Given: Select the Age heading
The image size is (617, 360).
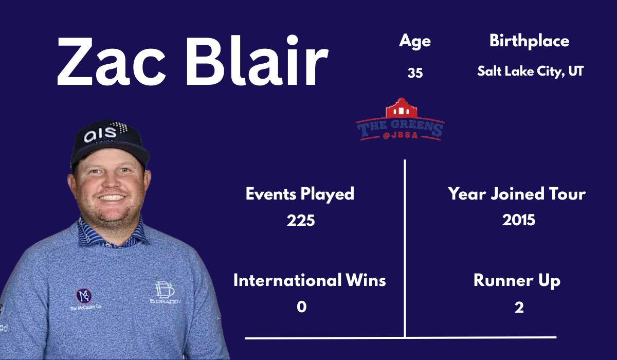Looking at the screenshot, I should pyautogui.click(x=414, y=41).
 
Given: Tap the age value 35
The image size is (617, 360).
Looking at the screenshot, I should pyautogui.click(x=415, y=73).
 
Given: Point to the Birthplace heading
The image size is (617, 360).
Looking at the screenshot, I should pyautogui.click(x=529, y=41).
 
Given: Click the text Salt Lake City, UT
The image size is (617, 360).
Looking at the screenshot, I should pyautogui.click(x=530, y=71).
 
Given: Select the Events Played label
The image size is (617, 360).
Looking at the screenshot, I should pyautogui.click(x=300, y=194).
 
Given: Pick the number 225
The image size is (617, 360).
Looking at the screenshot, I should pyautogui.click(x=301, y=221).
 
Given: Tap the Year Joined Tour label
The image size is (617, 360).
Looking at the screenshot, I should pyautogui.click(x=517, y=194).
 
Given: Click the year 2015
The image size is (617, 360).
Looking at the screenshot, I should pyautogui.click(x=519, y=220).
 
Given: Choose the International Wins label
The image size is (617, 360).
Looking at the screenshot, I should pyautogui.click(x=310, y=281).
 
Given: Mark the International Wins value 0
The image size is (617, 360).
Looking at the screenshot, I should pyautogui.click(x=301, y=307).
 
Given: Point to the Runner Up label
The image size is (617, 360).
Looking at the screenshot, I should pyautogui.click(x=517, y=281).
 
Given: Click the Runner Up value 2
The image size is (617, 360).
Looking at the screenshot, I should pyautogui.click(x=519, y=308).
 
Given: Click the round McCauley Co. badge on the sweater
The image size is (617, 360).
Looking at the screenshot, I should pyautogui.click(x=84, y=296).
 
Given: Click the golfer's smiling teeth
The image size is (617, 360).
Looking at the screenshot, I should pyautogui.click(x=112, y=197).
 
